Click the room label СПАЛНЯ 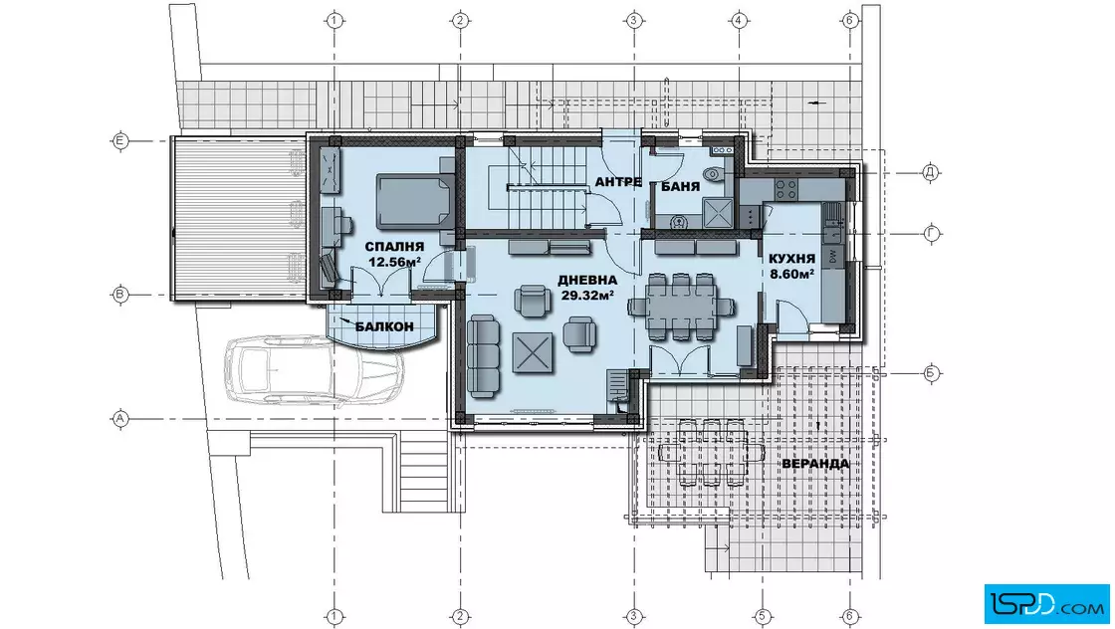tap(394, 247)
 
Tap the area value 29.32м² tap(587, 295)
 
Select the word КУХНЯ tap(791, 259)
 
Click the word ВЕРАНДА tap(815, 464)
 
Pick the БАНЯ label tap(681, 187)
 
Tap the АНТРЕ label tap(618, 182)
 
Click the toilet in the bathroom tap(712, 174)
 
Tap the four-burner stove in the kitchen tap(785, 189)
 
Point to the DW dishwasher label tap(832, 257)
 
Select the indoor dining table tap(681, 307)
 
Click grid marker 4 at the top tap(739, 20)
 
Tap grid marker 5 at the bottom tap(763, 616)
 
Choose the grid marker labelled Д tap(930, 173)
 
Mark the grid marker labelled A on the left tap(120, 419)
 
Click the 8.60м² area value tap(791, 273)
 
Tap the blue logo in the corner tap(1046, 604)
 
